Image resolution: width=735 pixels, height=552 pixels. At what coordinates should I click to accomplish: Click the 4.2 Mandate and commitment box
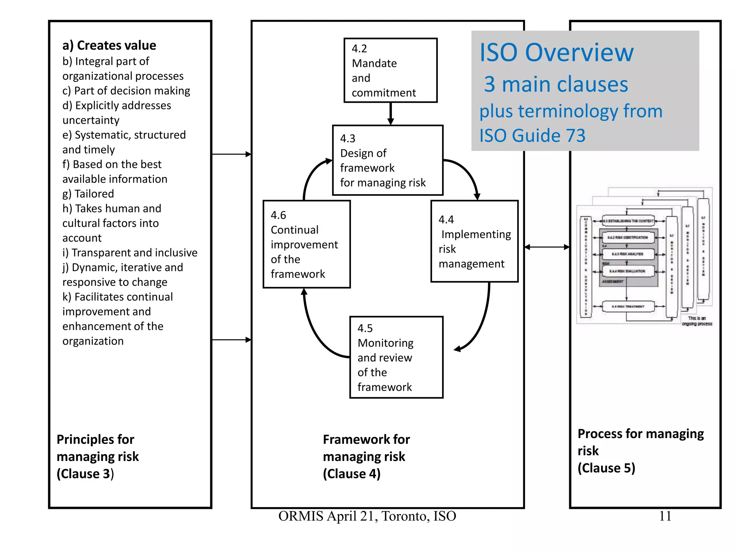coord(390,70)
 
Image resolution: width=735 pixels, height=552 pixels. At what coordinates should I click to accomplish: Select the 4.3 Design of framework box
coord(388,160)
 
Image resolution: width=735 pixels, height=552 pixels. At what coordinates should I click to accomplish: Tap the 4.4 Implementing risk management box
coord(474,241)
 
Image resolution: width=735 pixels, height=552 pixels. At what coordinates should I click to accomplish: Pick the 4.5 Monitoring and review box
coord(396,357)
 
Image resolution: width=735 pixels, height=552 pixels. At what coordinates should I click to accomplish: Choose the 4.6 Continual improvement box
coord(306,244)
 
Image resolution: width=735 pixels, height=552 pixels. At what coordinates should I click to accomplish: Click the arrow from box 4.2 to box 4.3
coord(390,114)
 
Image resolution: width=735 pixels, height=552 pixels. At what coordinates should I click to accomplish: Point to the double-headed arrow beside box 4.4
coord(547,247)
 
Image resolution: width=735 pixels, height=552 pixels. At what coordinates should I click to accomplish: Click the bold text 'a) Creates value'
coord(109,46)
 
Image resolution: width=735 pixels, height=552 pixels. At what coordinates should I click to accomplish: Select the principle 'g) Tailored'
coord(88,194)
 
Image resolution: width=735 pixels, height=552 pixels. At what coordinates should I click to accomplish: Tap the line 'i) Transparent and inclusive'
coord(130,253)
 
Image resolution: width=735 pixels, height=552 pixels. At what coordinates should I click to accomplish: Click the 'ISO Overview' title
coord(556,53)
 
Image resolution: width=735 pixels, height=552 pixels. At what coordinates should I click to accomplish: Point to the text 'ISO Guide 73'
coord(532,136)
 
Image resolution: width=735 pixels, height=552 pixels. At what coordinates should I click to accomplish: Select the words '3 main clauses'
coord(556,84)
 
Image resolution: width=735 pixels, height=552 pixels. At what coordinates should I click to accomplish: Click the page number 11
coord(665,516)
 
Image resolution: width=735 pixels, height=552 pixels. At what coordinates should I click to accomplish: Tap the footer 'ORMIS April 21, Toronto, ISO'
coord(367,516)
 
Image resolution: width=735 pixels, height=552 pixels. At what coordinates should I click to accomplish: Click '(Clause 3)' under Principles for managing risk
coord(85,474)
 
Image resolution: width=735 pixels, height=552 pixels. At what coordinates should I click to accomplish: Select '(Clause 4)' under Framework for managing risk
coord(351,474)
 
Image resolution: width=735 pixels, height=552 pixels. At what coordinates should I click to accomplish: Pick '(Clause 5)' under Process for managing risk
coord(606,468)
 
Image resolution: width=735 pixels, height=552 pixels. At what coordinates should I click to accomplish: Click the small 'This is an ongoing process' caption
coord(697,321)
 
